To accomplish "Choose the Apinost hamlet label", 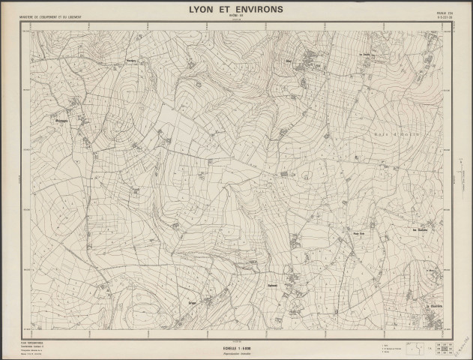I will pyautogui.click(x=273, y=286).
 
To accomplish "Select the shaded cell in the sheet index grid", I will pyautogui.click(x=439, y=343).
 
